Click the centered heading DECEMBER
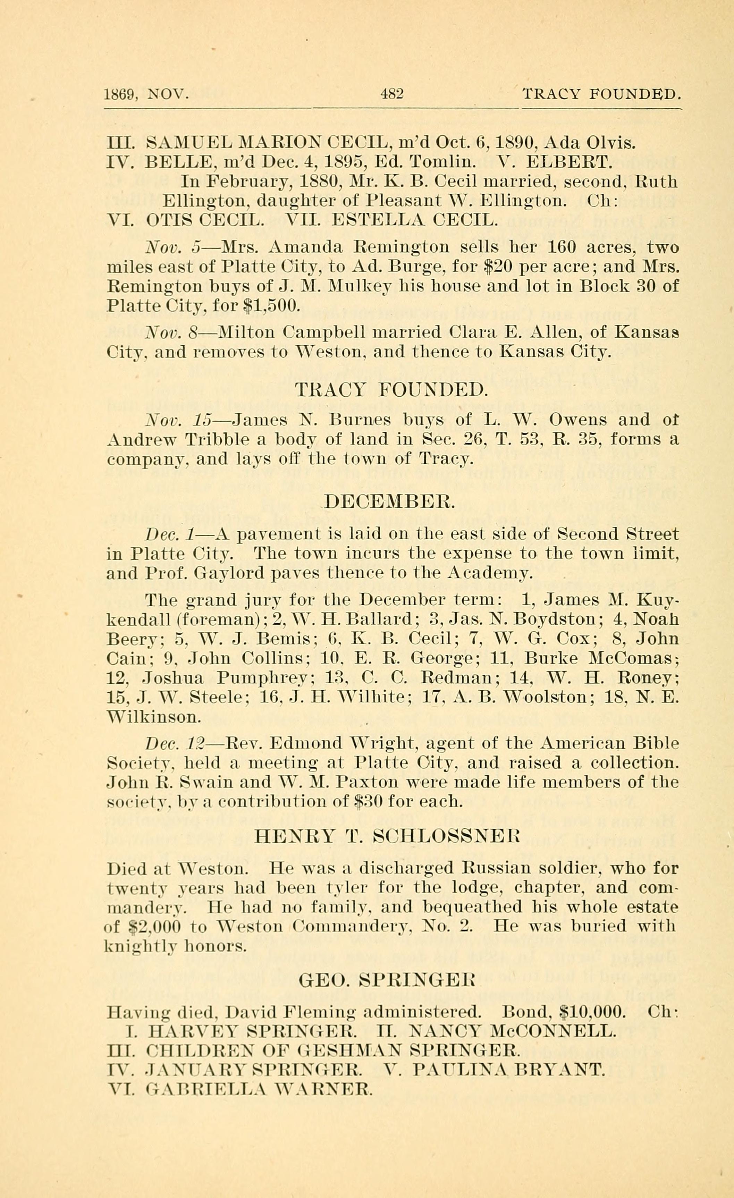[x=389, y=501]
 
